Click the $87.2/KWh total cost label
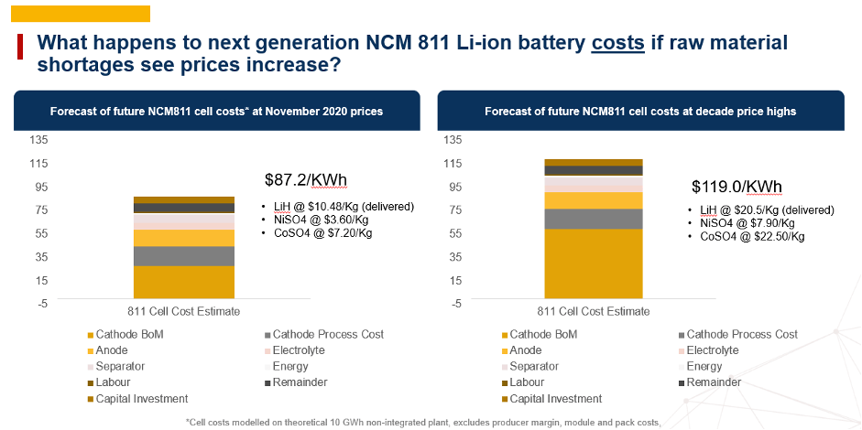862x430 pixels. (305, 178)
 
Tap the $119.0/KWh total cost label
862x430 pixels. (737, 188)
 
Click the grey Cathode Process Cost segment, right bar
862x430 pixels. (593, 219)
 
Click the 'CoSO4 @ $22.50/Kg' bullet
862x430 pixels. (750, 236)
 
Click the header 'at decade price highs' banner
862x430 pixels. (640, 112)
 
